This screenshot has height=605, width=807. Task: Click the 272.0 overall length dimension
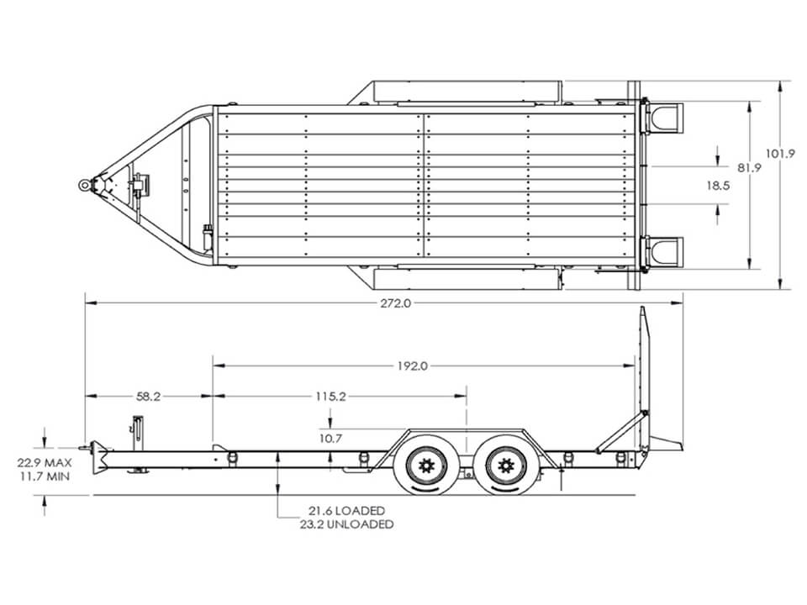pyautogui.click(x=396, y=303)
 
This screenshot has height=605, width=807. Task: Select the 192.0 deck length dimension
pyautogui.click(x=412, y=366)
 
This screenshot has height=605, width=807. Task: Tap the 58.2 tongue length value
pyautogui.click(x=148, y=396)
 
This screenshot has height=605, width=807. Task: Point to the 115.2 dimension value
pyautogui.click(x=330, y=396)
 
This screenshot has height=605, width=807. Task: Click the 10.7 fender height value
pyautogui.click(x=330, y=439)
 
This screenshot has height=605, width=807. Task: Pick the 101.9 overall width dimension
pyautogui.click(x=781, y=153)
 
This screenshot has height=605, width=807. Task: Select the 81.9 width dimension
pyautogui.click(x=749, y=167)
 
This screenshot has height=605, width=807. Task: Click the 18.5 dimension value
pyautogui.click(x=718, y=185)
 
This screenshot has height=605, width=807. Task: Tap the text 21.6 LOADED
pyautogui.click(x=346, y=510)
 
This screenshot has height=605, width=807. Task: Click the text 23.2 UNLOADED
pyautogui.click(x=346, y=524)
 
